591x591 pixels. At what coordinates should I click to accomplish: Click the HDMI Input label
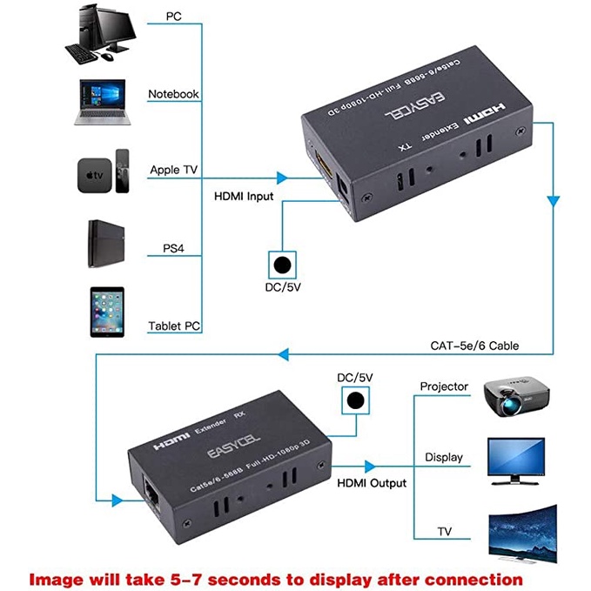tap(244, 196)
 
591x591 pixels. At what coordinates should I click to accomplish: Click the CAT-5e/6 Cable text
tap(474, 346)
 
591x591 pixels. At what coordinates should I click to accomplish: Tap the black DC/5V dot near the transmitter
tap(280, 265)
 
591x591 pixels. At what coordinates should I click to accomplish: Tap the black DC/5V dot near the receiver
tap(353, 401)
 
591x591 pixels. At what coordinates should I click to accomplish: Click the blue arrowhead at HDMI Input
tap(281, 178)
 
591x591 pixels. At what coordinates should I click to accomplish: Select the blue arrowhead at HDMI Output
tap(370, 466)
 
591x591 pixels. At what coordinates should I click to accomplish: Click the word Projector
tap(444, 386)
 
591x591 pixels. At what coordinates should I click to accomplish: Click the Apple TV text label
tap(174, 170)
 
